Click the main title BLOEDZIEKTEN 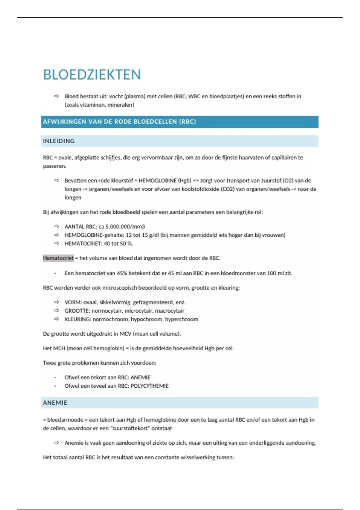[x=92, y=75]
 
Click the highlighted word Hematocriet [x=58, y=258]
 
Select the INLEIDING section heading [x=59, y=141]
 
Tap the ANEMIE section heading [x=55, y=403]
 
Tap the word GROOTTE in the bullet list [x=77, y=310]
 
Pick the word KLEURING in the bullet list [x=78, y=319]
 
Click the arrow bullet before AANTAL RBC [x=56, y=226]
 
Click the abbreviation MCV [x=125, y=334]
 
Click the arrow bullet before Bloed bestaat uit [x=56, y=96]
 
